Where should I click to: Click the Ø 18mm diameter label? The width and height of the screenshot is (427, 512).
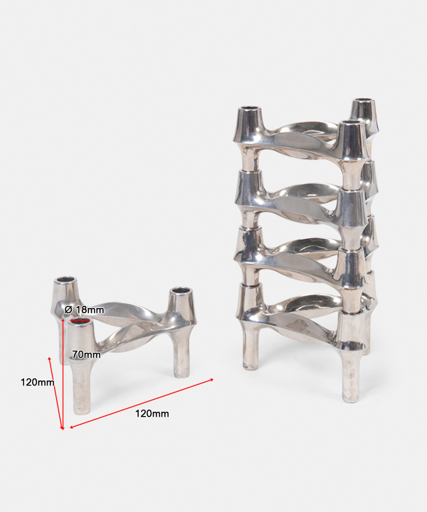coord(84,309)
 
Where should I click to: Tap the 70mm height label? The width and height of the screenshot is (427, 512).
coord(86,354)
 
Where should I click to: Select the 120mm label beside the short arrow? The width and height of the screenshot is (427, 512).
coord(37,382)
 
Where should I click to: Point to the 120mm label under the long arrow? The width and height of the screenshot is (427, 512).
coord(152,414)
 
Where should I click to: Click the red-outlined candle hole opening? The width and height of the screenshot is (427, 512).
coord(80,321)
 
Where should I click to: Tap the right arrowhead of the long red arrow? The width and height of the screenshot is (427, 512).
coord(212,380)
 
